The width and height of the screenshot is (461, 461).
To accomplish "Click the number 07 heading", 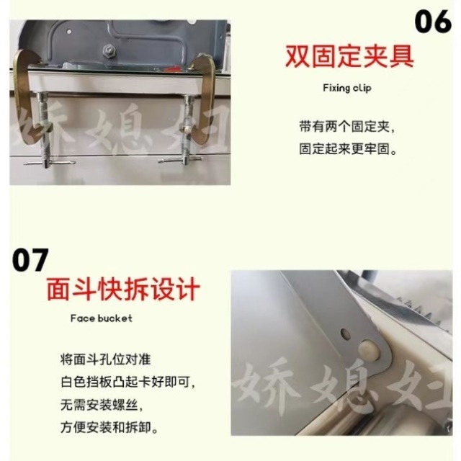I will click(x=30, y=259).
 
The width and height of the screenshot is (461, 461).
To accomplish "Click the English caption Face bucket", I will click(x=101, y=318).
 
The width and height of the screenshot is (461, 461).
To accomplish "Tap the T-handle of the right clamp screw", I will click(x=179, y=161).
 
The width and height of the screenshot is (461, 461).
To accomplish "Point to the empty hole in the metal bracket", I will click(x=344, y=334).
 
